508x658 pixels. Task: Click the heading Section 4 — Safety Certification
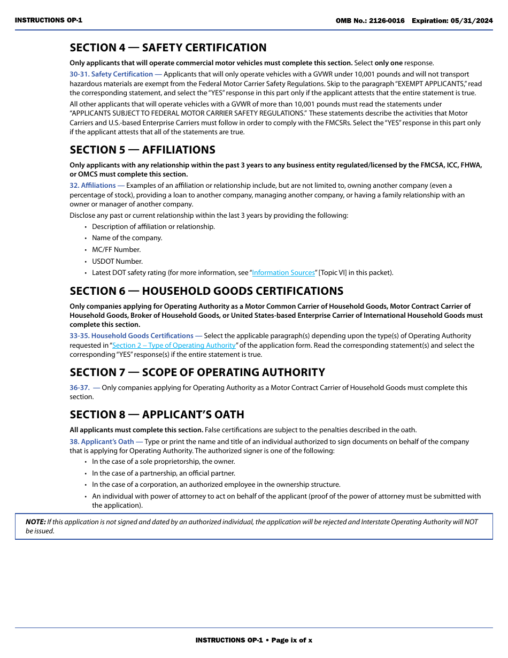point(168,48)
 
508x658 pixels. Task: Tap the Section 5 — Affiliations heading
point(142,150)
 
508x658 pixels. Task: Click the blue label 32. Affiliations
point(93,186)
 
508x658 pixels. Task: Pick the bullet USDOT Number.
point(117,262)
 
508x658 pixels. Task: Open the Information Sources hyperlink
point(283,273)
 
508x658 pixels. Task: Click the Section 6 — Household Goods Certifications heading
point(206,291)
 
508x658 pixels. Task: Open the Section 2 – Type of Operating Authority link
point(174,346)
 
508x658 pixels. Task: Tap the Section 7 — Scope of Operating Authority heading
point(197,372)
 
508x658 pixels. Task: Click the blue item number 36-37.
point(79,388)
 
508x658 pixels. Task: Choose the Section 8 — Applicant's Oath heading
point(157,415)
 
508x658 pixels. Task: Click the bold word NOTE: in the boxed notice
point(36,522)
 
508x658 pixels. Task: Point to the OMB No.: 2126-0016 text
point(370,21)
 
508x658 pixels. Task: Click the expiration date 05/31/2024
point(472,21)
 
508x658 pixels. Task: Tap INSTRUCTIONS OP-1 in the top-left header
point(49,20)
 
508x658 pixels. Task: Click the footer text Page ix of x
point(292,640)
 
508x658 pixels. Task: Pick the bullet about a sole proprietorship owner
point(163,462)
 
